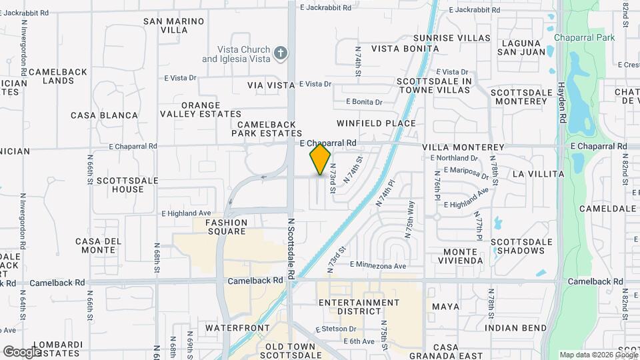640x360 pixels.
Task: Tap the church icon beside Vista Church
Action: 281,53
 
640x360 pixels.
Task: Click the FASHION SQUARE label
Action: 225,227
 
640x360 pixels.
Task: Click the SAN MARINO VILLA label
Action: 174,25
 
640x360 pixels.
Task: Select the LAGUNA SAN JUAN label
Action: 525,49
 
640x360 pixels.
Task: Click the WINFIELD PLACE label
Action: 376,123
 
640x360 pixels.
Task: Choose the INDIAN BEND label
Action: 516,328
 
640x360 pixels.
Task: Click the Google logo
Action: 22,351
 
